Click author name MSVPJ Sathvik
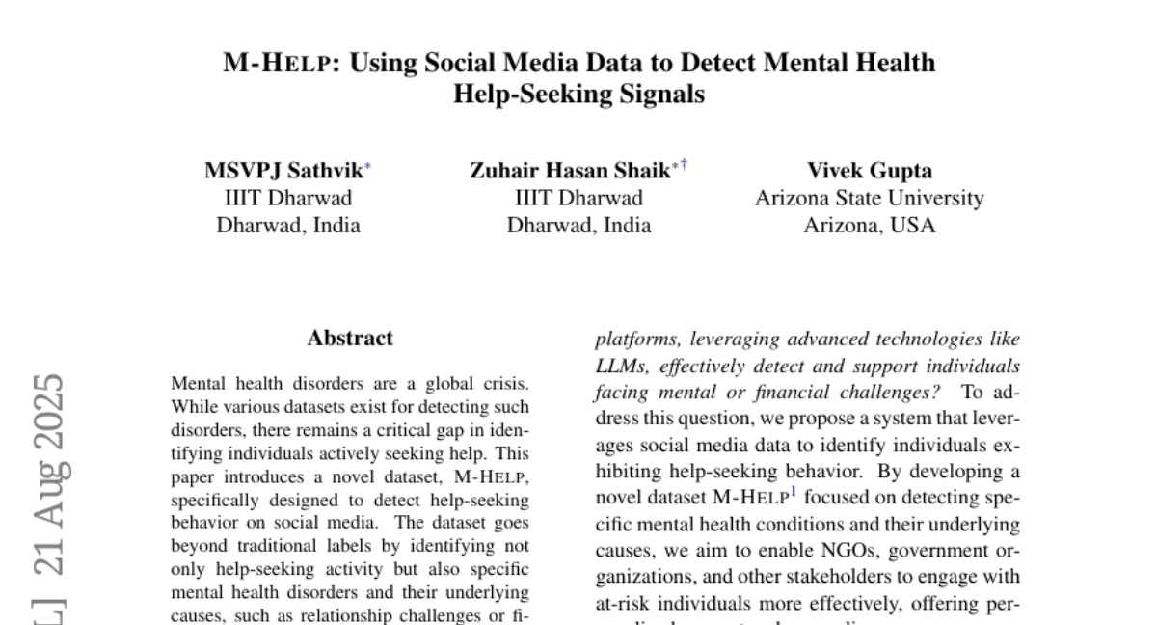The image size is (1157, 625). [283, 172]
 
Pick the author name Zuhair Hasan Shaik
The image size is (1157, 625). [569, 172]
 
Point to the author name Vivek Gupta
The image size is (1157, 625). [870, 172]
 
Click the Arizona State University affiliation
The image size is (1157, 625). [870, 199]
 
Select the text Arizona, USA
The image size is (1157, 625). [870, 226]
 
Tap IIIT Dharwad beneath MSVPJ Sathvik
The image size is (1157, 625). [288, 199]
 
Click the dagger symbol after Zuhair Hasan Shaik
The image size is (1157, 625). [684, 166]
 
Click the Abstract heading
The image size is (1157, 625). [350, 339]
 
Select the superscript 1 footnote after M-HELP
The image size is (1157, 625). [793, 494]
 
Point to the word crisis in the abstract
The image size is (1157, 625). [506, 384]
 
